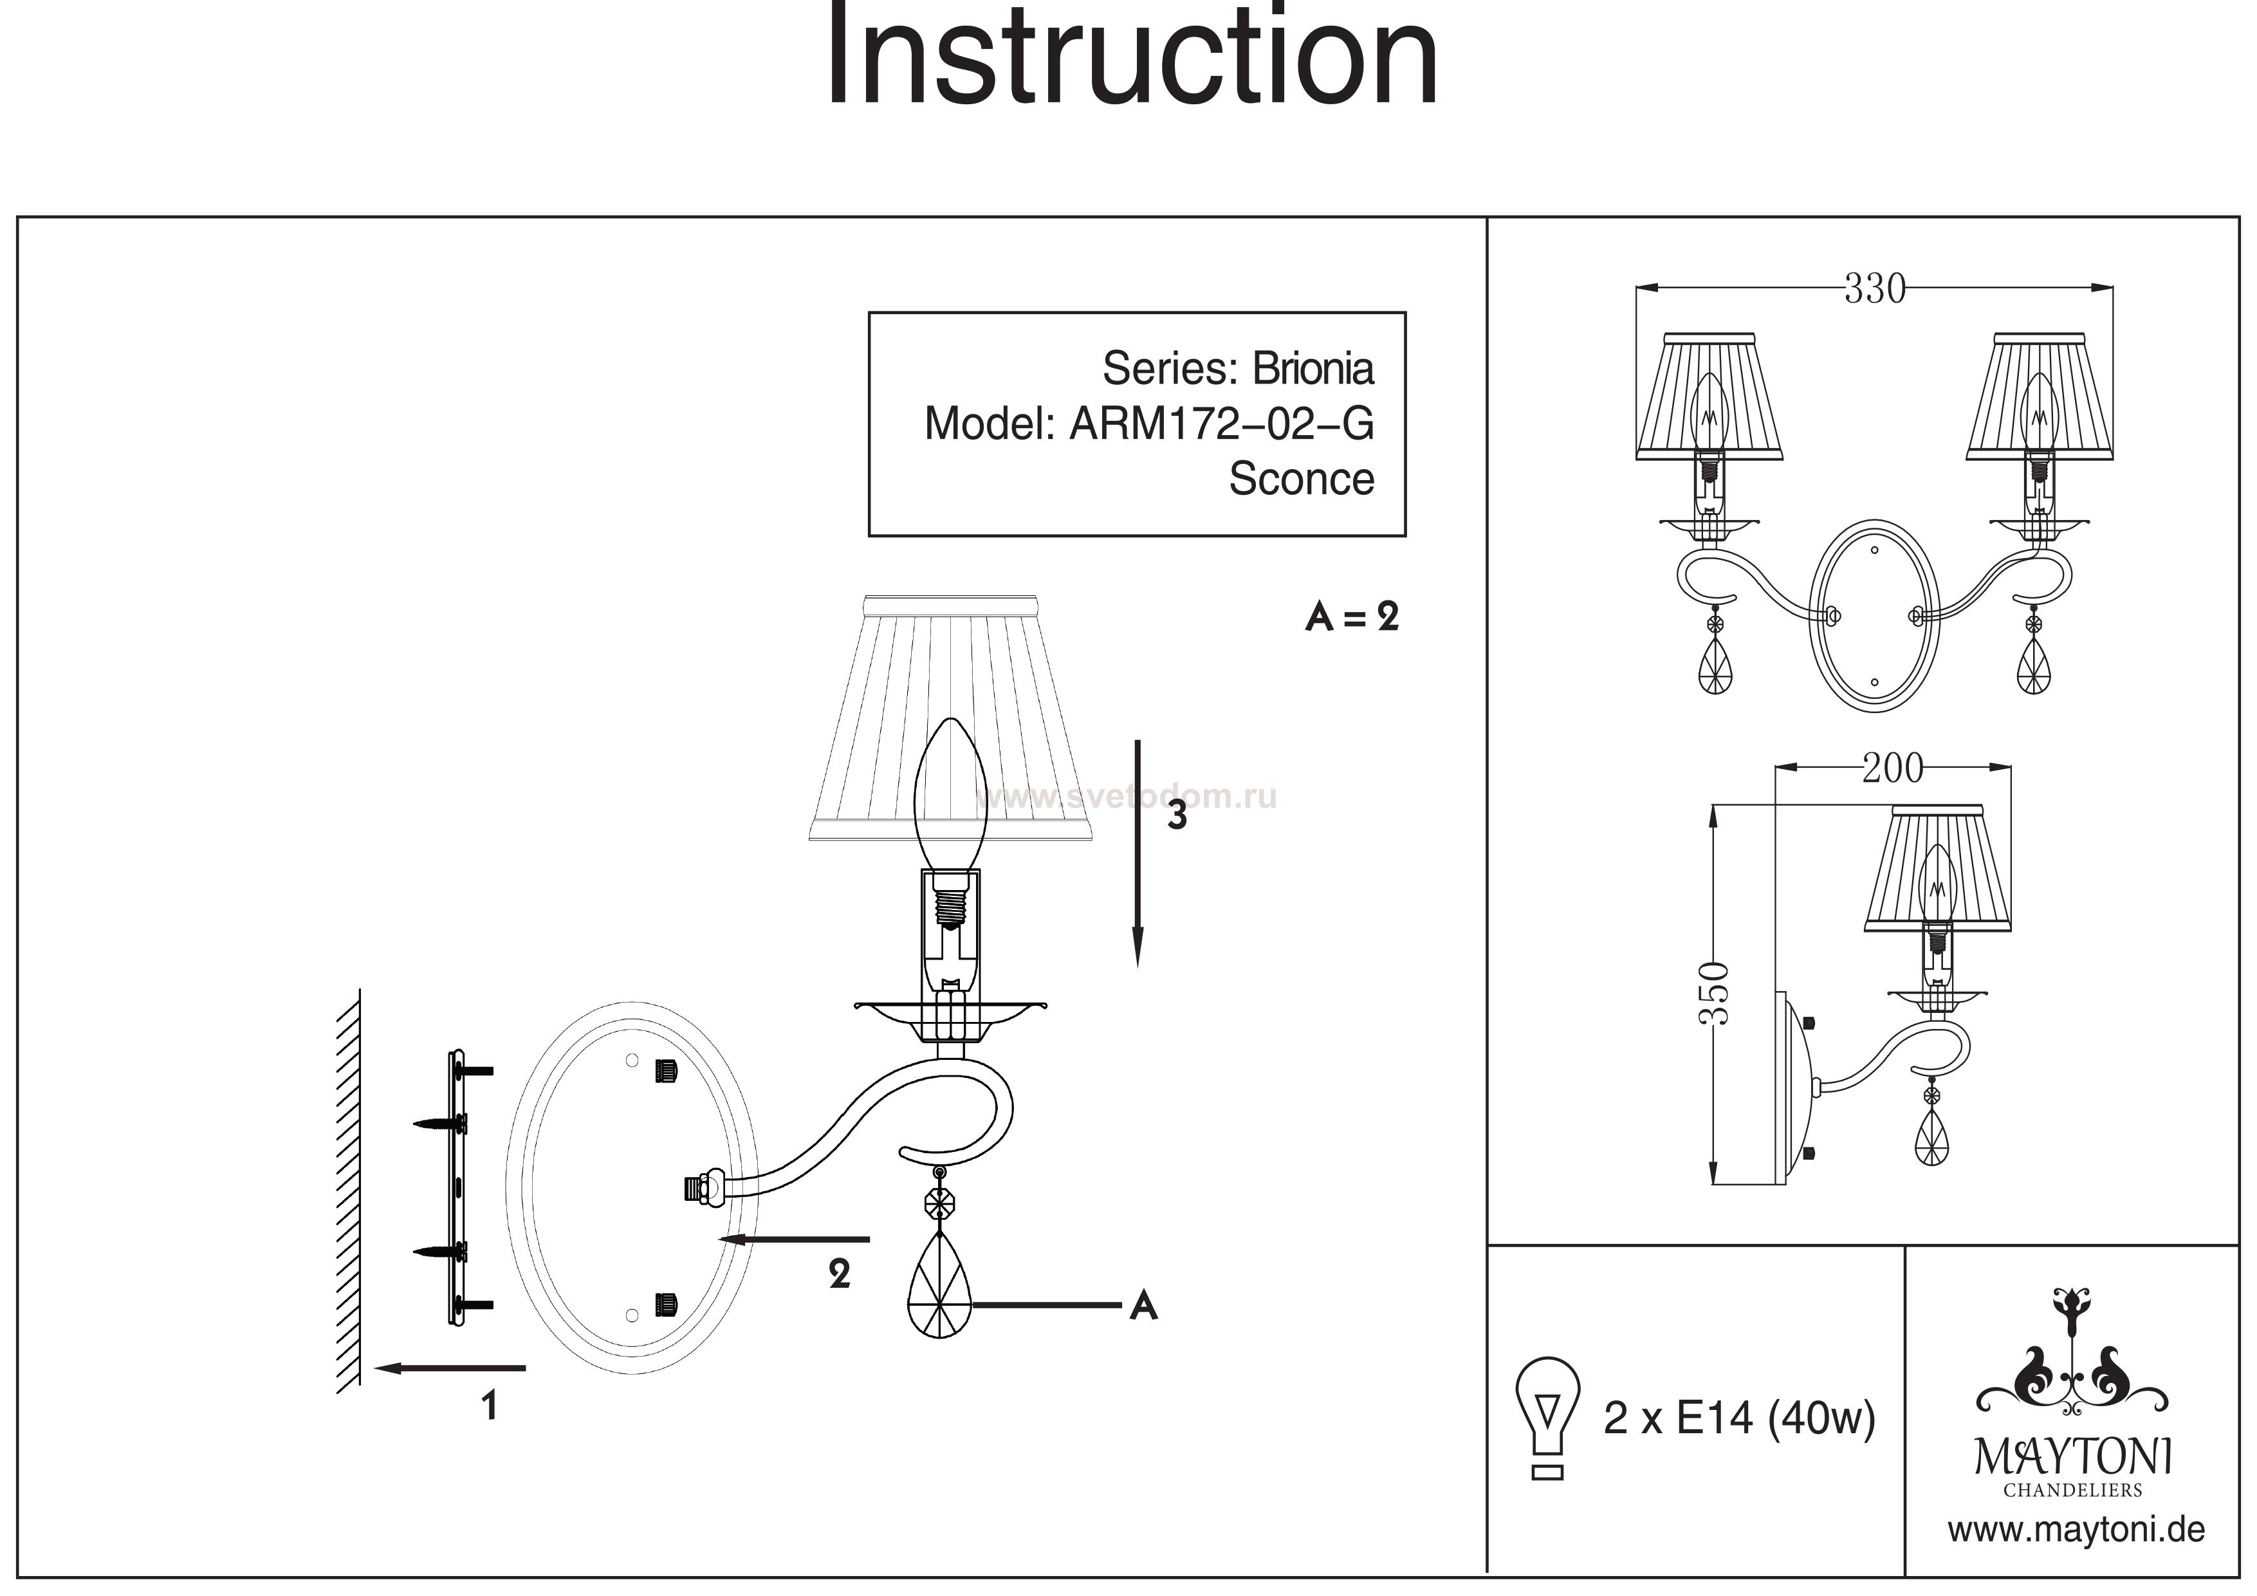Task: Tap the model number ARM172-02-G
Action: point(1221,424)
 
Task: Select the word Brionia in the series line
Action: point(1313,369)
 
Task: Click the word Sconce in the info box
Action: point(1300,479)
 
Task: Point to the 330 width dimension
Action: point(1874,289)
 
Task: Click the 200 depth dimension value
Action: point(1892,768)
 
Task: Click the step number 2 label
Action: point(838,1274)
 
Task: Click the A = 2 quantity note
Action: point(1352,618)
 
